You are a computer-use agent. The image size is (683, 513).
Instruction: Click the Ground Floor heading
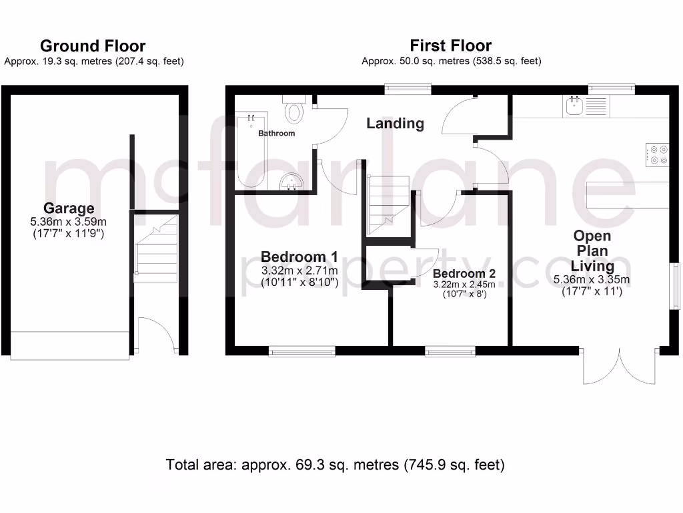click(93, 46)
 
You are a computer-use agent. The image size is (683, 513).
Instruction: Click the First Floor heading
click(450, 46)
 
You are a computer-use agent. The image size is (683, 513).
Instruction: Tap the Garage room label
click(69, 208)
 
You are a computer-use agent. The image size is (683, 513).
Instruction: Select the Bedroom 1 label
click(299, 256)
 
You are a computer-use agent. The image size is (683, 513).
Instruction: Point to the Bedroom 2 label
click(464, 274)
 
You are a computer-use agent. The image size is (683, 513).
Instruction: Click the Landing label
click(395, 124)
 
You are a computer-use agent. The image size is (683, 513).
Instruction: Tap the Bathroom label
click(276, 134)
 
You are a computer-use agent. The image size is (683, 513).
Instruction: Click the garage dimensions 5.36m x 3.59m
click(69, 222)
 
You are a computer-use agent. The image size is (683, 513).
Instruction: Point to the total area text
click(335, 464)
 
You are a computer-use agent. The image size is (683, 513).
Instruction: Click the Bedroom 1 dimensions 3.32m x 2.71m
click(299, 271)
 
